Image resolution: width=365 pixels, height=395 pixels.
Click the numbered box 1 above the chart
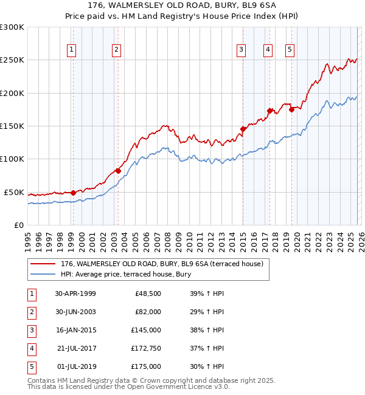72,50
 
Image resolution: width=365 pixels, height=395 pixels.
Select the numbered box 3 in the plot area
242,50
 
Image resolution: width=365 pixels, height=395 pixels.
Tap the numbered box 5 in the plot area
290,50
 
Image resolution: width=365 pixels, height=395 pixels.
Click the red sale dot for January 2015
243,129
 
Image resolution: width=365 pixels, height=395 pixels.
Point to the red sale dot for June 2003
118,171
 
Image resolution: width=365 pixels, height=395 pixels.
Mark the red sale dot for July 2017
269,111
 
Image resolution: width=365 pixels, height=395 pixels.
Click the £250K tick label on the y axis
12,60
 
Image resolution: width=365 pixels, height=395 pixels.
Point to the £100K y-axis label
12,159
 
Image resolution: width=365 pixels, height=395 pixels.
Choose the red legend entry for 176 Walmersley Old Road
161,264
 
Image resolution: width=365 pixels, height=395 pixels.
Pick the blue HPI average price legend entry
125,274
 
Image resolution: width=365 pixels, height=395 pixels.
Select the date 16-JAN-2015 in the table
75,330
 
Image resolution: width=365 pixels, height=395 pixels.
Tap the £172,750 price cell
146,348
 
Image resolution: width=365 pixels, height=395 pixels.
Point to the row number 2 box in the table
32,312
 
